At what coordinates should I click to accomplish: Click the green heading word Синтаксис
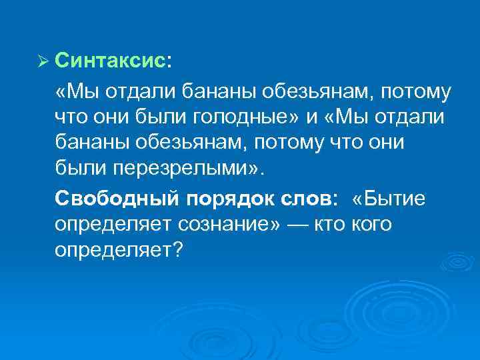pos(109,61)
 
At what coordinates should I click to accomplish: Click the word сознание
pos(227,225)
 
